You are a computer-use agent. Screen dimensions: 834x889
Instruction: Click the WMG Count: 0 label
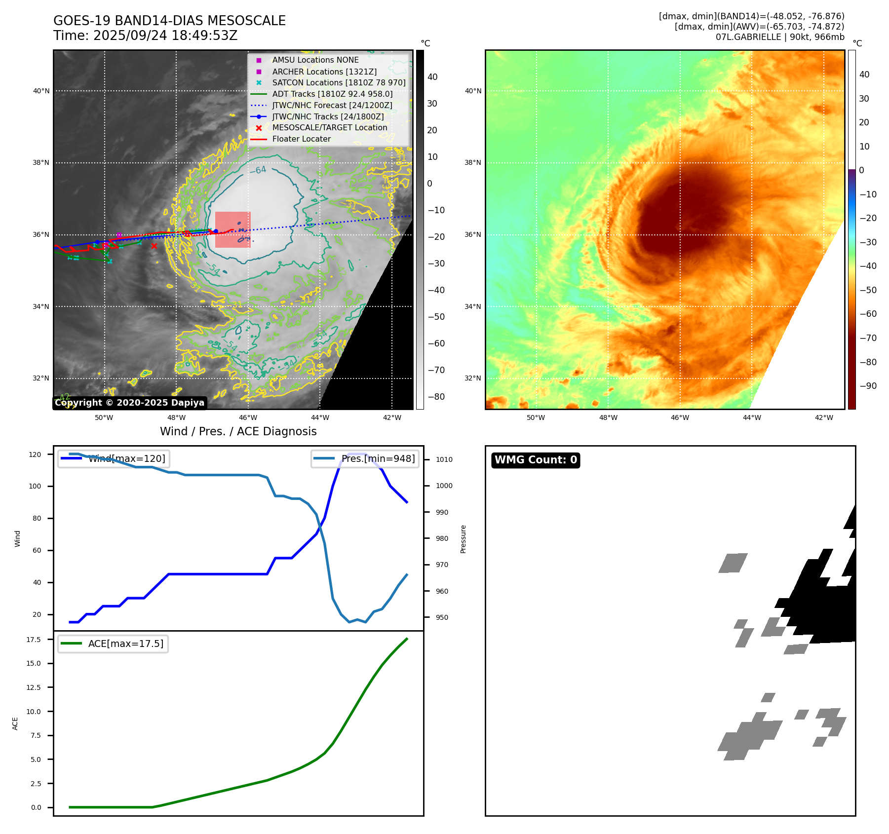(x=536, y=460)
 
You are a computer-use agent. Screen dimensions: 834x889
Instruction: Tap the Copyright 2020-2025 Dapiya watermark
(x=129, y=403)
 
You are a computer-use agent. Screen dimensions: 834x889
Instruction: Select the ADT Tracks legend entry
(x=332, y=94)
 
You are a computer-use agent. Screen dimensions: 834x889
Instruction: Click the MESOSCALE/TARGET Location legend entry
(x=329, y=127)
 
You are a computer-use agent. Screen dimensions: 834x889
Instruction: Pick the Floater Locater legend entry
(x=301, y=139)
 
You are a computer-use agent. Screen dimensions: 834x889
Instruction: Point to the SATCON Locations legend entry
(x=339, y=82)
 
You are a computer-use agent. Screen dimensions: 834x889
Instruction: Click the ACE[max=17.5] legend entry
(x=125, y=644)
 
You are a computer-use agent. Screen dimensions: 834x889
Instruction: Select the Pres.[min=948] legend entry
(x=378, y=458)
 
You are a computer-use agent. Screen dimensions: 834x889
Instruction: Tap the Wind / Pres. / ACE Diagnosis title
(x=238, y=431)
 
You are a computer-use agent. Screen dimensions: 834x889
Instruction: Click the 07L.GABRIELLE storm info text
(x=780, y=37)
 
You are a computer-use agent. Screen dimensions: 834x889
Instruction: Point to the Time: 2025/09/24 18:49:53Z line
(x=146, y=36)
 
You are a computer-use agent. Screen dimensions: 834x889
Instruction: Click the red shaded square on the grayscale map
(x=233, y=229)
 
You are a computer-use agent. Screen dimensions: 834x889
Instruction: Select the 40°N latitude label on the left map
(x=41, y=91)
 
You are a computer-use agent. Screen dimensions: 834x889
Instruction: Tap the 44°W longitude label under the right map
(x=752, y=417)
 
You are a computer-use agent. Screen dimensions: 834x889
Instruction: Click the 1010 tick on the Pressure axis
(x=444, y=459)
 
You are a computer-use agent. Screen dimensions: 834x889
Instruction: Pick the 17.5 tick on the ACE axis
(x=34, y=640)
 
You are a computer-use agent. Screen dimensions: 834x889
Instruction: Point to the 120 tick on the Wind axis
(x=35, y=455)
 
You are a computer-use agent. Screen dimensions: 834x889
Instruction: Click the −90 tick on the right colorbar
(x=868, y=386)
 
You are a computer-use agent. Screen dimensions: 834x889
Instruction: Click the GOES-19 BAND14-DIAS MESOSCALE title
(x=169, y=21)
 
